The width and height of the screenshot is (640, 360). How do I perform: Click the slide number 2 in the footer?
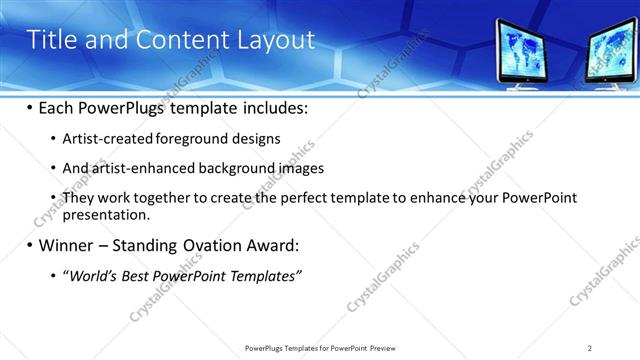click(590, 347)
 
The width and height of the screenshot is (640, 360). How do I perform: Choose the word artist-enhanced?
click(141, 168)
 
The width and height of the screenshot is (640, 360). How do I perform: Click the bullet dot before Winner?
click(30, 245)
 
